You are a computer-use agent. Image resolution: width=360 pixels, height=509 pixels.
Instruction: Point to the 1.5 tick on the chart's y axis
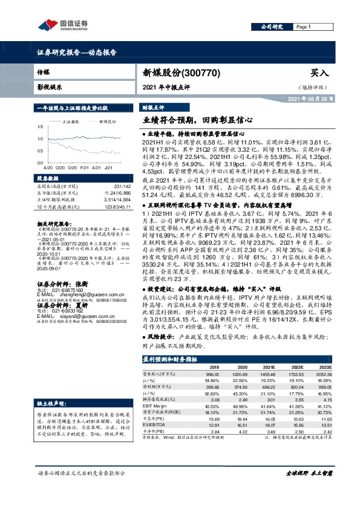[39, 126]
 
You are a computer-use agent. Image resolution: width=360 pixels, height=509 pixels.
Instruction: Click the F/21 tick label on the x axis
[84, 166]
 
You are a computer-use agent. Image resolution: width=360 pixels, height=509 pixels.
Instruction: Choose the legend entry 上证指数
[71, 121]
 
